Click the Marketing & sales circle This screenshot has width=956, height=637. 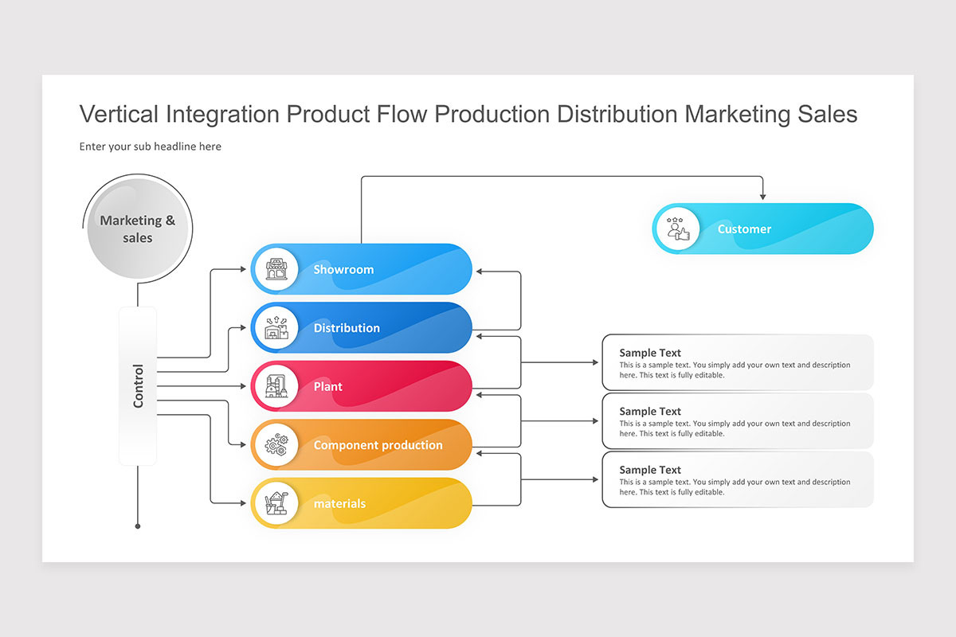coord(137,229)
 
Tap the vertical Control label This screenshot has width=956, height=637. coord(138,386)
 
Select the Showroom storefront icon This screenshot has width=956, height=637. coord(276,269)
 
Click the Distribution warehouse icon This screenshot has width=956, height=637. coord(276,327)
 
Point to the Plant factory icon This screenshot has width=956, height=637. coord(276,386)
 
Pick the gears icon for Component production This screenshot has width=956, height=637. coord(276,445)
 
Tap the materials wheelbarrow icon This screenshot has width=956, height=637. coord(276,503)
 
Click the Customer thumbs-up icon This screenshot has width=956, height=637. coord(677,229)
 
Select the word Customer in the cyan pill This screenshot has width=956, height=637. coord(744,229)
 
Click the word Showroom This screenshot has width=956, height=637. coord(343,270)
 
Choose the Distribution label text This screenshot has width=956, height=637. coord(347,328)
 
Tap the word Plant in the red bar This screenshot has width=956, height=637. coord(327,387)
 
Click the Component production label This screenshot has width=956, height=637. coord(378,445)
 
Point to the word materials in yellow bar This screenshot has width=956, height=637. coord(339,504)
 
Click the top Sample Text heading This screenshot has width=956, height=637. coord(650,353)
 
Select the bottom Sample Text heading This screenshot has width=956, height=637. coord(650,470)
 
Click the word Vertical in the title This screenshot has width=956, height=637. coord(119,115)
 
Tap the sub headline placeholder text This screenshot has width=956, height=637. coord(151,147)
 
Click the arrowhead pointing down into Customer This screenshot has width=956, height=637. coord(762,196)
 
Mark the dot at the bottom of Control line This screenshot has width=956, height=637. coord(138,526)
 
